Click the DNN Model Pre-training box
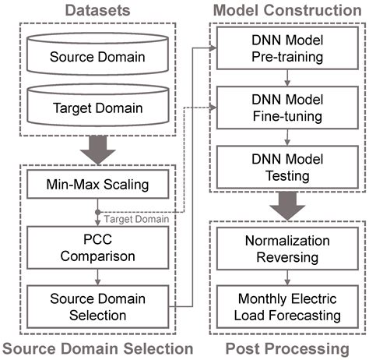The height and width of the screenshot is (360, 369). click(287, 51)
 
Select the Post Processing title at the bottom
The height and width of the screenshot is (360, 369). click(287, 348)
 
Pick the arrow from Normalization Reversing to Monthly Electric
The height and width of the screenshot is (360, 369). click(287, 277)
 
